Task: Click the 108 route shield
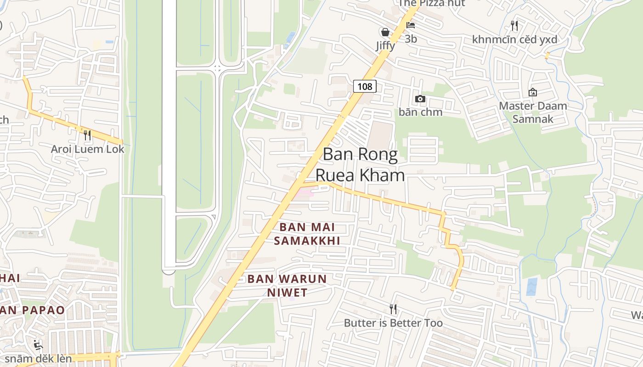[365, 86]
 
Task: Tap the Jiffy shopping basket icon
[385, 32]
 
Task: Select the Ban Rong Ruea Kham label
[360, 165]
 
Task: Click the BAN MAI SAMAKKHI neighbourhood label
[307, 234]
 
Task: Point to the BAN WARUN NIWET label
[287, 285]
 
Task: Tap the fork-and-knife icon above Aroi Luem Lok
[87, 135]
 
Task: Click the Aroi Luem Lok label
[88, 149]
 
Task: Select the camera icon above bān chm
[420, 99]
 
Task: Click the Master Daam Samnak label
[533, 112]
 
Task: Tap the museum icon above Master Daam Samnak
[533, 93]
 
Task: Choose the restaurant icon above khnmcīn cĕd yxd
[514, 26]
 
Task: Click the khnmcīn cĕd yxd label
[514, 39]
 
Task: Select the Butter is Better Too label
[393, 323]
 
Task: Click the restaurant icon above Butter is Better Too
[393, 309]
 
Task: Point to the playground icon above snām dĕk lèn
[39, 345]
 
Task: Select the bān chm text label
[420, 112]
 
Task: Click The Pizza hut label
[432, 3]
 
